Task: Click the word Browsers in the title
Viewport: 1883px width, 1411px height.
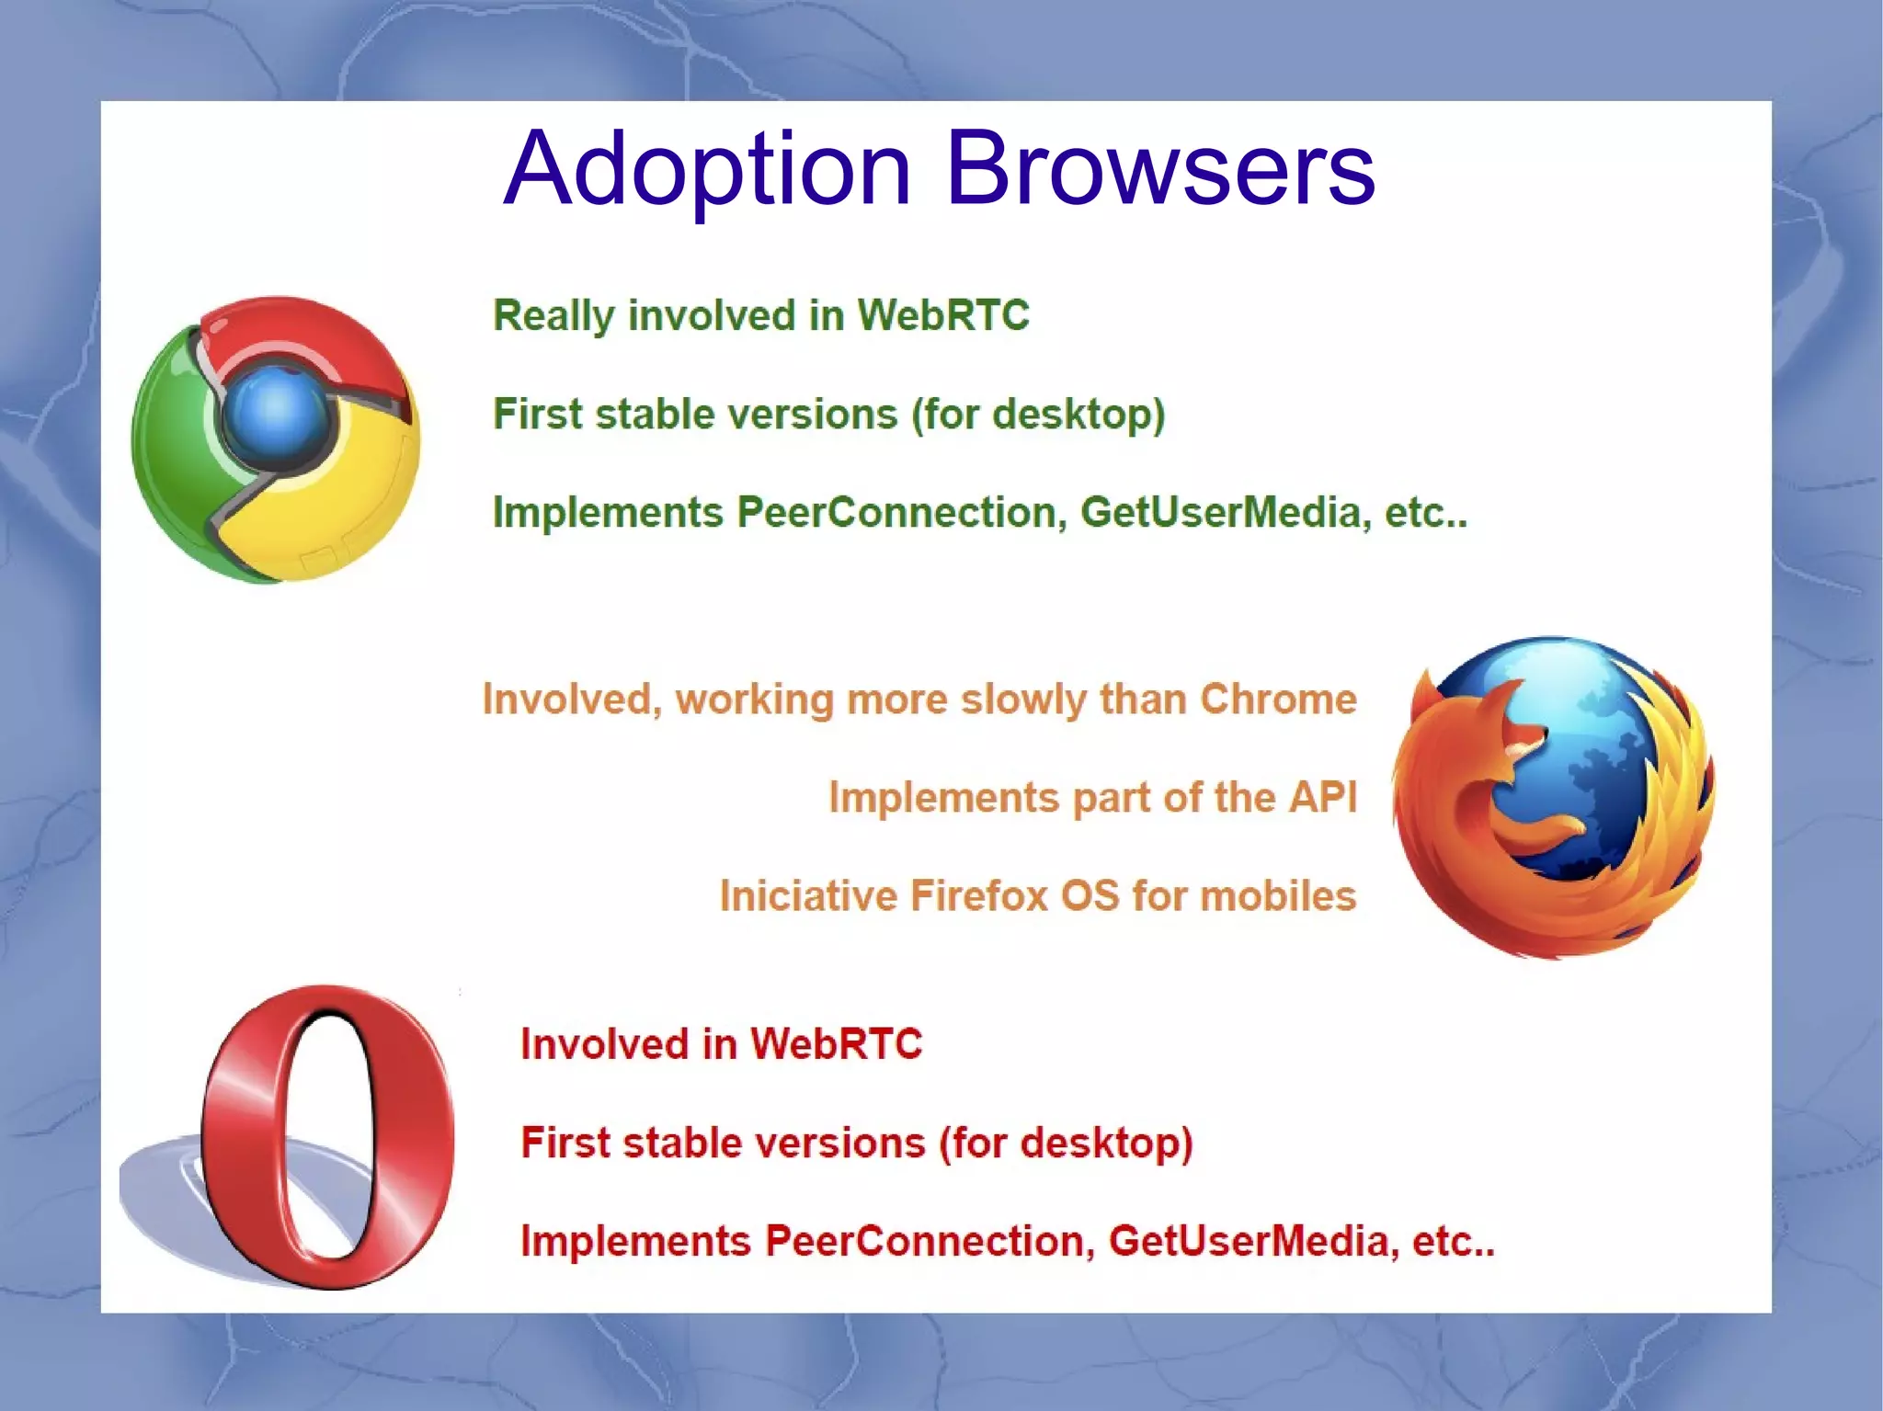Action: (x=1159, y=170)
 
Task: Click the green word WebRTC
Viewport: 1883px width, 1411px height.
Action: (x=942, y=315)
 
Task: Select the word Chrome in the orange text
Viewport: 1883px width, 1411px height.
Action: (x=1278, y=700)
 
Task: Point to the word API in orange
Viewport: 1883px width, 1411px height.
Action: (x=1322, y=797)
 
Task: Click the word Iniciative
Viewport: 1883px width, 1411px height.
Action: (x=806, y=895)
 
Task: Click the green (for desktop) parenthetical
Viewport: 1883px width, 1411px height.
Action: (x=1038, y=414)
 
